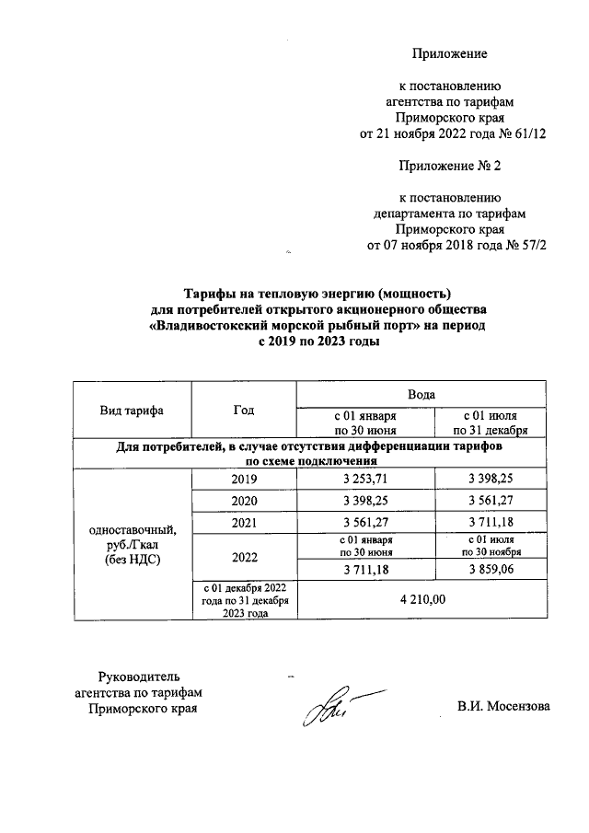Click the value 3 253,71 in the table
(x=365, y=480)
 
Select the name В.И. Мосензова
(x=503, y=707)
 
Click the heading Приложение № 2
(x=449, y=166)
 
